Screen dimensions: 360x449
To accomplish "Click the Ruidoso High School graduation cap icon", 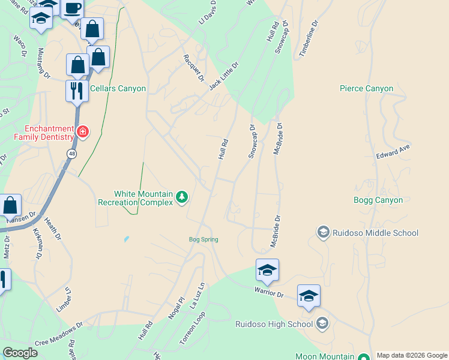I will pos(322,324).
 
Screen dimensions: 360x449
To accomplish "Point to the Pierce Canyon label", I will pos(366,88).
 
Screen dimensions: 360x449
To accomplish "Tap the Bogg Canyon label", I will pos(378,200).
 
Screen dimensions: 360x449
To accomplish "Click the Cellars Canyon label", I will pos(118,88).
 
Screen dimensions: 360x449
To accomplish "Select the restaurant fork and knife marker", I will pos(76,91).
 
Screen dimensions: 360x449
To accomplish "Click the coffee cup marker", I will pos(73,8).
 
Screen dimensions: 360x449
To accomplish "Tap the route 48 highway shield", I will pos(71,154).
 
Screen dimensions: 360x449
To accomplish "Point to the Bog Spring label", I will pos(203,239).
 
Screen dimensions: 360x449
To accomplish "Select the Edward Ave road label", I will pos(393,151).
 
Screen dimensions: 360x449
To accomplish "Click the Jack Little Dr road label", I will pos(224,76).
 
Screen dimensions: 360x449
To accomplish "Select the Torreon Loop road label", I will pos(192,328).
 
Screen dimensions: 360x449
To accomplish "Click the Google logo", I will pos(20,353).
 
